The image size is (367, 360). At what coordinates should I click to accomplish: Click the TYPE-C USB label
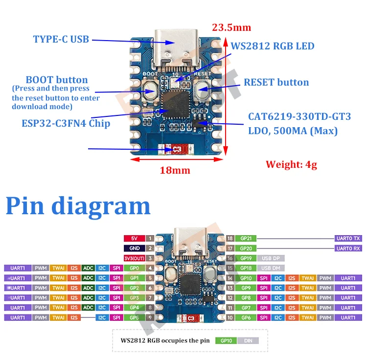tap(61, 39)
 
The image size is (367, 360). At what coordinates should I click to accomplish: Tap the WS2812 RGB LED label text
tap(272, 46)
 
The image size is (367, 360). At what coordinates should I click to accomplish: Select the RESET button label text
tap(276, 82)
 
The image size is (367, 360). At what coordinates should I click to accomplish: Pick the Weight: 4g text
tap(291, 164)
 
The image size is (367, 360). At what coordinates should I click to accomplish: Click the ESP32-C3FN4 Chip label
tap(66, 123)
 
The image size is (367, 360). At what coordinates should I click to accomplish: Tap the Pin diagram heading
tap(78, 205)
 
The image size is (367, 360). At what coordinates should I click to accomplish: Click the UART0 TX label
tap(348, 239)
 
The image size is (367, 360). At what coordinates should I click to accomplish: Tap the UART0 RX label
tap(348, 248)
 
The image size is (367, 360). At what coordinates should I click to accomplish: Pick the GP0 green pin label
tap(134, 268)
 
